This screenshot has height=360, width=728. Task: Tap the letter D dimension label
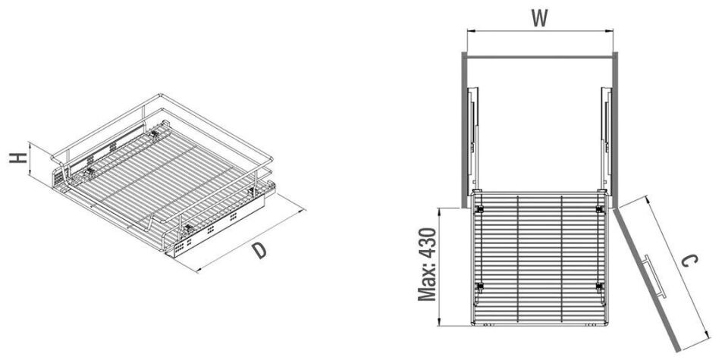click(x=259, y=251)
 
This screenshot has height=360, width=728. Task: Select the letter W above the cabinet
click(x=539, y=17)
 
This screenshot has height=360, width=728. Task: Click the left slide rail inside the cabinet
click(x=473, y=136)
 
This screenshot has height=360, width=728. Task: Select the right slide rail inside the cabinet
click(x=605, y=136)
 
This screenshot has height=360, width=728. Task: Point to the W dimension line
click(x=539, y=31)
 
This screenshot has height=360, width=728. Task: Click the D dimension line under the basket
click(x=250, y=235)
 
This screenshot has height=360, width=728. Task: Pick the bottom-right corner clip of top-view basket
click(x=599, y=286)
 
